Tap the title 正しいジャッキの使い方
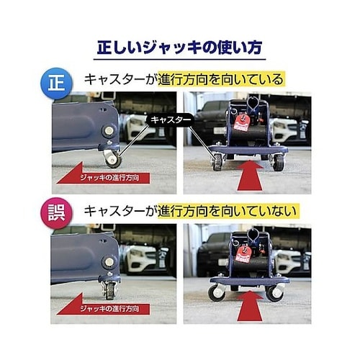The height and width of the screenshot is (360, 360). pos(180,48)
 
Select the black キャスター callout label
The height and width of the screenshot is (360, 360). pos(171,120)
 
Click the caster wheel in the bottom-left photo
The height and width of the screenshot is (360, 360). pos(110,290)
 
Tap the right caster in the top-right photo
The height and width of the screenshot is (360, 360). pos(278,162)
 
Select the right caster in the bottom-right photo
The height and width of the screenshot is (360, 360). pos(274,293)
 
